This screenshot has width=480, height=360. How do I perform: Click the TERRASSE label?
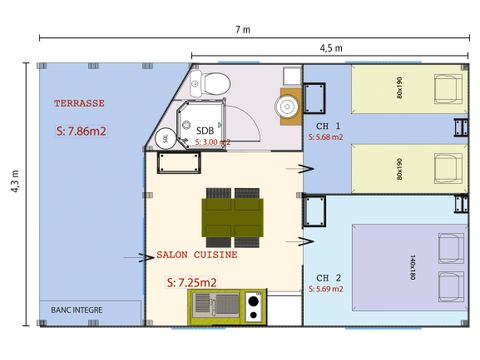point(80,103)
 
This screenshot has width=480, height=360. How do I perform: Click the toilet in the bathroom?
point(217,83)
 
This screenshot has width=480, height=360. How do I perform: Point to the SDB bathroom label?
point(205,130)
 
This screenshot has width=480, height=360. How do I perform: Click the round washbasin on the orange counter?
point(288,104)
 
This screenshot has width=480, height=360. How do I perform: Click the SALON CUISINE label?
point(196,255)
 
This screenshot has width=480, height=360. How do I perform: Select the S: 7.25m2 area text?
point(191,283)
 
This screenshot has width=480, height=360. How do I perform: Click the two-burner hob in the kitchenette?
point(253,306)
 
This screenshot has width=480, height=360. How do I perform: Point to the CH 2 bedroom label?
point(328,277)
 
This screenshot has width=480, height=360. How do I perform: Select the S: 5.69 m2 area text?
point(326,289)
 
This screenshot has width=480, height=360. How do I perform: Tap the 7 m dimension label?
point(243,30)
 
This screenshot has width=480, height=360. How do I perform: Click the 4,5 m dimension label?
point(331,48)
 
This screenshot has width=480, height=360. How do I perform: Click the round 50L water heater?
point(165,138)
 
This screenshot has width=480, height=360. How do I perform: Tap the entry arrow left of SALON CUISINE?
point(136,257)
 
